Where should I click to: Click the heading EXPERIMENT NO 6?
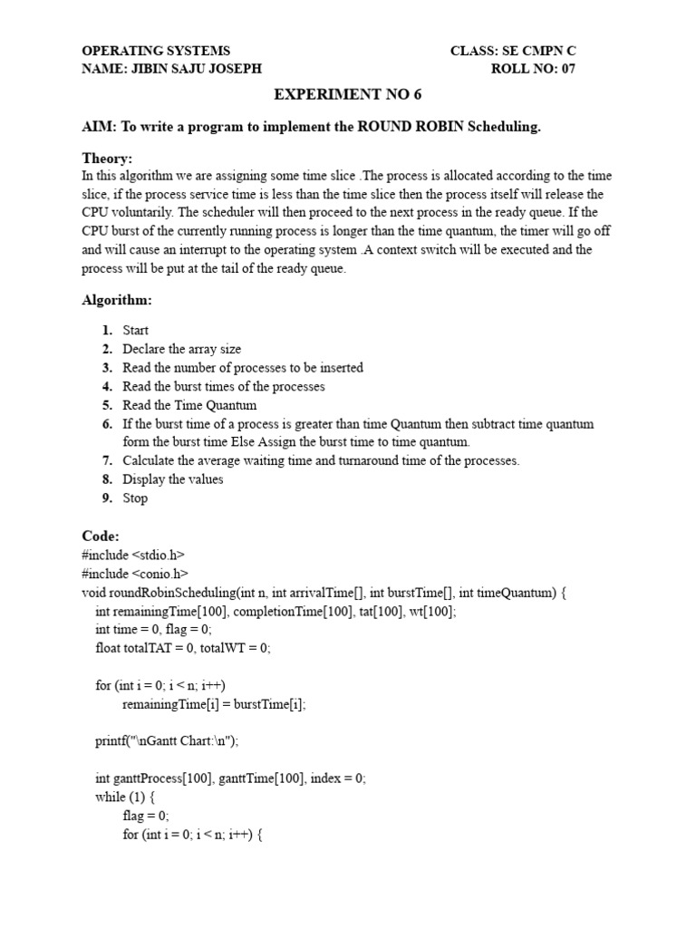point(348,95)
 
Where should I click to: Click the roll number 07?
point(566,68)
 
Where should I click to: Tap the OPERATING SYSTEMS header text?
point(156,51)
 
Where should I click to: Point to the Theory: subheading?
point(107,159)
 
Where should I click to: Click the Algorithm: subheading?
point(117,299)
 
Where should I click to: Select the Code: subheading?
point(100,536)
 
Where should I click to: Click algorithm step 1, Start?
point(135,331)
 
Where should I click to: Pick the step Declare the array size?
point(181,349)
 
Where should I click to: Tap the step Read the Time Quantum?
point(189,405)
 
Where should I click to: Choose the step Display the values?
point(172,479)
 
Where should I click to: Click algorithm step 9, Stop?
point(134,498)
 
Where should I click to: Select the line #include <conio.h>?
point(134,574)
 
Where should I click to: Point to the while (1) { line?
point(125,797)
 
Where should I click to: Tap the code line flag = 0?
point(146,816)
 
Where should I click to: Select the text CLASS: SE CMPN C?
point(512,51)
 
